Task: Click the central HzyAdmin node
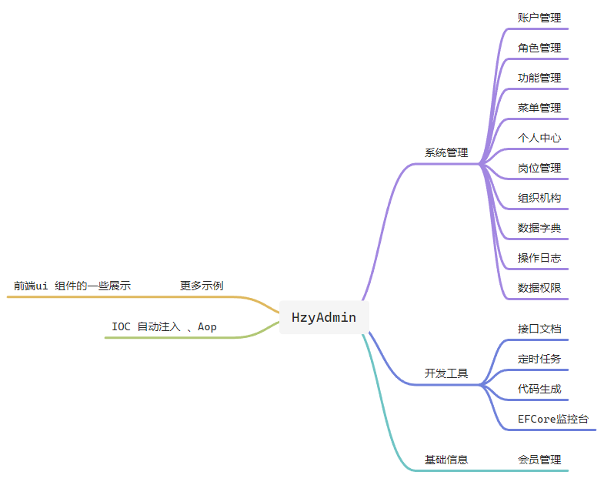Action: pyautogui.click(x=323, y=317)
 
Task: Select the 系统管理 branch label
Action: pyautogui.click(x=446, y=152)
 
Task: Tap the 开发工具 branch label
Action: pyautogui.click(x=446, y=373)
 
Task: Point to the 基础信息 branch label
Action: pyautogui.click(x=446, y=460)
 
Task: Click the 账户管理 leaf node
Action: pyautogui.click(x=539, y=18)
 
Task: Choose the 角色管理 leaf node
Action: pyautogui.click(x=539, y=48)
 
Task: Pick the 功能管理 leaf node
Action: pyautogui.click(x=539, y=78)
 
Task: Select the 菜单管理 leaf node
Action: pyautogui.click(x=539, y=108)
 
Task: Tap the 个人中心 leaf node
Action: pyautogui.click(x=539, y=138)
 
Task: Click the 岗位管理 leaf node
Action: pyautogui.click(x=539, y=168)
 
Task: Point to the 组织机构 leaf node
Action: pyautogui.click(x=539, y=198)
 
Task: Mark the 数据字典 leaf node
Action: pyautogui.click(x=539, y=228)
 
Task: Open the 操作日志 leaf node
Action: pyautogui.click(x=539, y=258)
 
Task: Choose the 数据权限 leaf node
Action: pyautogui.click(x=539, y=288)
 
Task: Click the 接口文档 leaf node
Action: pyautogui.click(x=539, y=329)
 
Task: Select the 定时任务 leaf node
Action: pyautogui.click(x=539, y=359)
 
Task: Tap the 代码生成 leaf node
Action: pyautogui.click(x=539, y=389)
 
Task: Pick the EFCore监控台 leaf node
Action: pyautogui.click(x=553, y=419)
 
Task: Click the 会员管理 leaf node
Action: pyautogui.click(x=539, y=460)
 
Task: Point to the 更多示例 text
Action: pyautogui.click(x=202, y=286)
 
